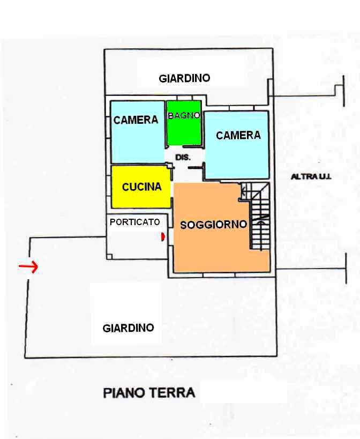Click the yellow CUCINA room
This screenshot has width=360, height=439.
(x=141, y=187)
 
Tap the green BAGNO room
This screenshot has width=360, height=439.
(x=184, y=123)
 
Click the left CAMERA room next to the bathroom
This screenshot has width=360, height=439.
(x=138, y=132)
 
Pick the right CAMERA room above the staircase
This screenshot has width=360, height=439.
(x=237, y=145)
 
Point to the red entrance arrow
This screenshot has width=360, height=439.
(x=28, y=266)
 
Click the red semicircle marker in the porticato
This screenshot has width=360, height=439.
(x=162, y=237)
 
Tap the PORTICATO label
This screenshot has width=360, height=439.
(x=135, y=222)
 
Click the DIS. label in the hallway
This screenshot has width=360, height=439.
(x=183, y=158)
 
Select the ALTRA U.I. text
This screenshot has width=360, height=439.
(x=311, y=177)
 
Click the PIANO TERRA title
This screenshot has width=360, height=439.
(x=149, y=393)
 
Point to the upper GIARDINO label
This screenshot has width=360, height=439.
(x=184, y=78)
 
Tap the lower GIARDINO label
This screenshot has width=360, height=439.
(x=129, y=328)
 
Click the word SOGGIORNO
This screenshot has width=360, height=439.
(x=213, y=225)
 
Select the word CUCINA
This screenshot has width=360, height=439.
(x=142, y=187)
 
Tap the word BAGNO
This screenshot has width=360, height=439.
(x=184, y=115)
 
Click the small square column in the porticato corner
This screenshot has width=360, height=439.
(x=109, y=256)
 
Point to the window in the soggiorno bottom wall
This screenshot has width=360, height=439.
(x=219, y=275)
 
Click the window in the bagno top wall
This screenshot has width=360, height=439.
(x=185, y=98)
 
